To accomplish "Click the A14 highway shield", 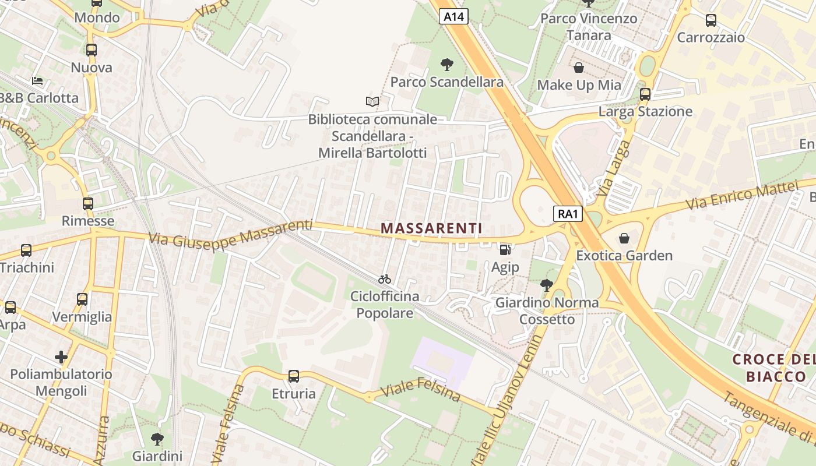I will tap(453, 17).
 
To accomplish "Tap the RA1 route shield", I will tap(568, 214).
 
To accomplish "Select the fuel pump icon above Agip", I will tap(505, 250).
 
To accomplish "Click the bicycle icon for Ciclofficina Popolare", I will tap(385, 279).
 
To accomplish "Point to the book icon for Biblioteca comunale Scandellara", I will tap(372, 101).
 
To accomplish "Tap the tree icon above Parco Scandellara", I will tap(447, 64).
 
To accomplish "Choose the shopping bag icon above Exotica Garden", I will tap(624, 238).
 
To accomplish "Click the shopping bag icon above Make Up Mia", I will tap(579, 68).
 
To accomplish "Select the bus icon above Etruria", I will tap(294, 376).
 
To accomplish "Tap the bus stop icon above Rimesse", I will tap(88, 204).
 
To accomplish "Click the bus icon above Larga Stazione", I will tap(645, 94).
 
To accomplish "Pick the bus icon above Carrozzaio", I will tap(711, 20).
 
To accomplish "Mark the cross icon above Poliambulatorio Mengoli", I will tap(61, 356).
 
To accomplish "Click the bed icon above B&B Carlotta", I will tap(37, 80).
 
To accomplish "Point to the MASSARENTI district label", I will tap(431, 228).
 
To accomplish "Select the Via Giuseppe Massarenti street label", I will tap(230, 232).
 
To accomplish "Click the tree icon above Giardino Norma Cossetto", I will tap(547, 285).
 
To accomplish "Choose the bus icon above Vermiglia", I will tap(82, 299).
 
